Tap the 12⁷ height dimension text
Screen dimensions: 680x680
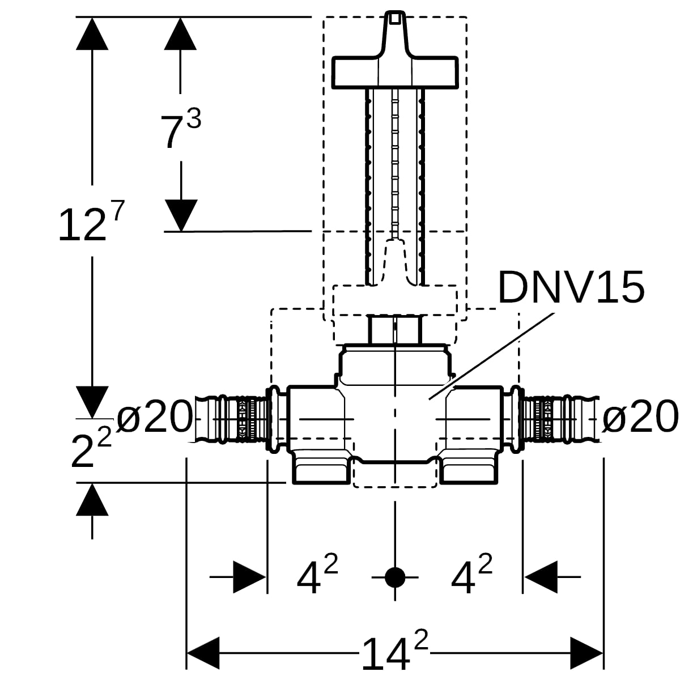[91, 221]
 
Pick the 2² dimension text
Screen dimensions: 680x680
[91, 448]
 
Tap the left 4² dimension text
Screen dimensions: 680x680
[317, 573]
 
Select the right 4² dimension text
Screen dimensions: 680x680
[471, 573]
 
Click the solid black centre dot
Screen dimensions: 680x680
[395, 577]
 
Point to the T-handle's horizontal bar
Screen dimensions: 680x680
[395, 72]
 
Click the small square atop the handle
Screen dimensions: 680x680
[395, 18]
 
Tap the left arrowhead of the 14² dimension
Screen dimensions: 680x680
[203, 653]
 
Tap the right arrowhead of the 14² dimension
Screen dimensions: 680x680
[587, 653]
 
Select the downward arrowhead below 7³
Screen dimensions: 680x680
[181, 215]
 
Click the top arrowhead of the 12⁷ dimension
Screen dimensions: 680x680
[92, 33]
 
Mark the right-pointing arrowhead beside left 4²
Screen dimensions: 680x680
[249, 577]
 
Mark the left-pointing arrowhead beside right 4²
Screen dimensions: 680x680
[541, 577]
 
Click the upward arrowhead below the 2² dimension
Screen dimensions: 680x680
[92, 499]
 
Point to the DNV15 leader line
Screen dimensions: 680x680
[492, 356]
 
